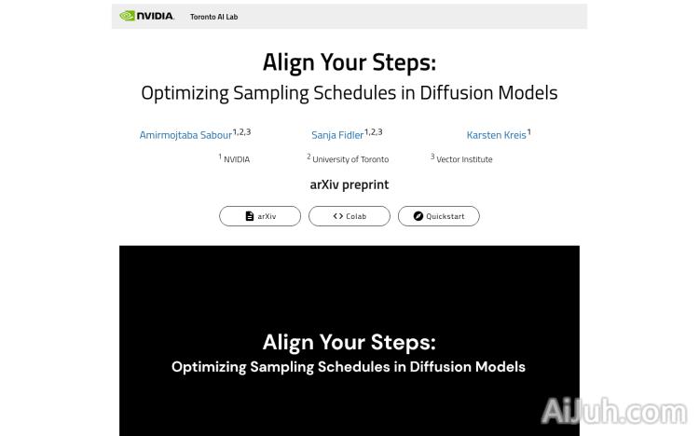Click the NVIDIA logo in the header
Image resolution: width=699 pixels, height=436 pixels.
[x=146, y=16]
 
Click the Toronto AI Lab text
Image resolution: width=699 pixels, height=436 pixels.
[x=213, y=17]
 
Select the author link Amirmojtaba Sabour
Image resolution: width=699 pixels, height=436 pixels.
[x=185, y=135]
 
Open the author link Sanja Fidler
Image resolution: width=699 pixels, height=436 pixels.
[x=337, y=135]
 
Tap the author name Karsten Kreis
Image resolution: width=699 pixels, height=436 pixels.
[x=496, y=135]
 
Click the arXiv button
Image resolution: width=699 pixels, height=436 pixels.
[x=260, y=216]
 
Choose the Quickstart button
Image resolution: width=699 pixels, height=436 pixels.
[x=438, y=216]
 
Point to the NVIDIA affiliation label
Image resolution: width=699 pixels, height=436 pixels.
[x=236, y=159]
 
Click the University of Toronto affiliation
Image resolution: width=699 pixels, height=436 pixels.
[x=349, y=159]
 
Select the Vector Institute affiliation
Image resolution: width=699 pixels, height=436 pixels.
[x=464, y=159]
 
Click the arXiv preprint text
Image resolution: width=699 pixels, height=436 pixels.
[x=349, y=184]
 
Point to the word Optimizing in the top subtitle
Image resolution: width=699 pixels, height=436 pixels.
[x=185, y=93]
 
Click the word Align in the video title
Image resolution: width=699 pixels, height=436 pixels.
[x=288, y=342]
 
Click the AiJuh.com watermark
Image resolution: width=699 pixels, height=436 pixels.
[x=614, y=412]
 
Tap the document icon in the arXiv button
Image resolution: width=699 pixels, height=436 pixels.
[x=250, y=216]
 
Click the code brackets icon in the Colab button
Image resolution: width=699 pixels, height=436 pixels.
[x=338, y=216]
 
